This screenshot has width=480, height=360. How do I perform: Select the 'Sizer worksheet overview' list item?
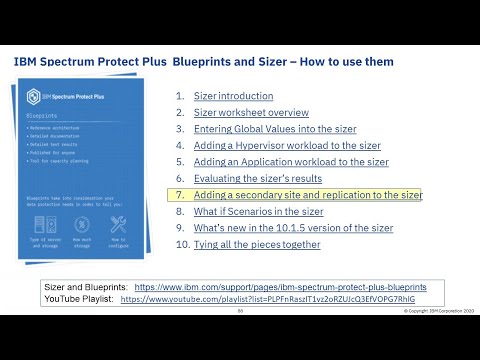pyautogui.click(x=251, y=113)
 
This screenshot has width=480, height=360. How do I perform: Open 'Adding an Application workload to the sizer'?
pyautogui.click(x=291, y=162)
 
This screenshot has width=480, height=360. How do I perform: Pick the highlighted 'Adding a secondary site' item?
pyautogui.click(x=308, y=195)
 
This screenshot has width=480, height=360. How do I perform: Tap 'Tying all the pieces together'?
pyautogui.click(x=257, y=244)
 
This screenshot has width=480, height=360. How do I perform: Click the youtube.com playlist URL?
pyautogui.click(x=267, y=299)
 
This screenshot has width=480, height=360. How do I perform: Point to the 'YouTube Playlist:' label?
pyautogui.click(x=78, y=299)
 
